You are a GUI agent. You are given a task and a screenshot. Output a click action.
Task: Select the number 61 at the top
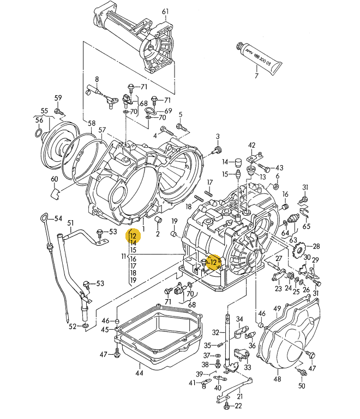point(165,11)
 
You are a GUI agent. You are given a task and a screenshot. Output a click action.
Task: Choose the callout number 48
point(277,379)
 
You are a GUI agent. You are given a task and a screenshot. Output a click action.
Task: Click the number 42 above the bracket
point(251,145)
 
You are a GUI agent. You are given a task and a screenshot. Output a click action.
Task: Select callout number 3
point(217,136)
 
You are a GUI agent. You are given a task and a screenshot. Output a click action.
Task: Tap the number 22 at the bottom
point(238,406)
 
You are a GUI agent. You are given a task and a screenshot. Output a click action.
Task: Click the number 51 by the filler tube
point(70,223)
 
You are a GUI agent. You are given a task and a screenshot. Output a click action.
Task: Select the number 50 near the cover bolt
point(302,386)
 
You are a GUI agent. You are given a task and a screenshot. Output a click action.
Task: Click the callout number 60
point(54,179)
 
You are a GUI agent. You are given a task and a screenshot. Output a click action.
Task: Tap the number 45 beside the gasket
point(105,329)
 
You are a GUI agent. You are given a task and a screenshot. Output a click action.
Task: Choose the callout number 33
point(248,368)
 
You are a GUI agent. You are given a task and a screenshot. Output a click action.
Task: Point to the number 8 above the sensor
point(97,79)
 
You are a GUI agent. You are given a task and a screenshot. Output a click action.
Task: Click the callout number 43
point(279,168)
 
